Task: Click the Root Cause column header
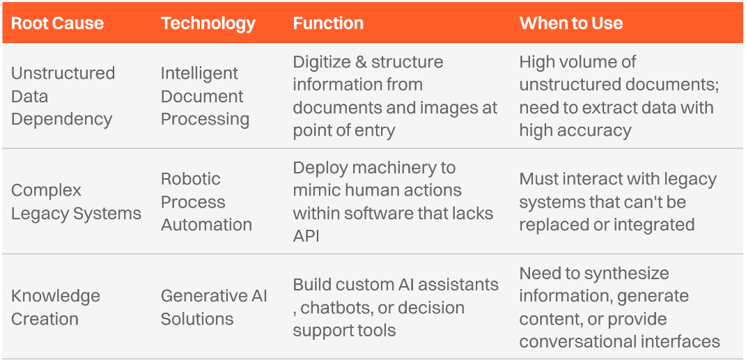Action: point(58,23)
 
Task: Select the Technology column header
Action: point(208,23)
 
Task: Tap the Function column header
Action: point(328,23)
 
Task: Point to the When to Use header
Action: point(571,23)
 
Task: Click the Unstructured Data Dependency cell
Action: point(63,96)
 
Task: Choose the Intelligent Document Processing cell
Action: point(205,96)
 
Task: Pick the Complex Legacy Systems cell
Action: point(76,202)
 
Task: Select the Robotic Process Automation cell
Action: point(206,202)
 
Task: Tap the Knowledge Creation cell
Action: point(56,307)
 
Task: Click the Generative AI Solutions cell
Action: point(214,307)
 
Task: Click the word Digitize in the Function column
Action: point(321,62)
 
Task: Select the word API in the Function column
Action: point(306,236)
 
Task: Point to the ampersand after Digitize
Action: point(361,62)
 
